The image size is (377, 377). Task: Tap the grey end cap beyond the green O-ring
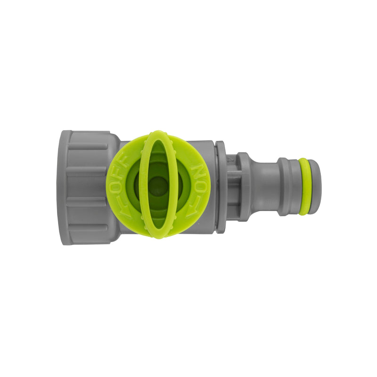pyautogui.click(x=315, y=187)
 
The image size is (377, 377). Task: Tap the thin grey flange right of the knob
pyautogui.click(x=221, y=187)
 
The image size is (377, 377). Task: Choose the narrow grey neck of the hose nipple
pyautogui.click(x=264, y=187)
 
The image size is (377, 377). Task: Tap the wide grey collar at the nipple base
pyautogui.click(x=244, y=187)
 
